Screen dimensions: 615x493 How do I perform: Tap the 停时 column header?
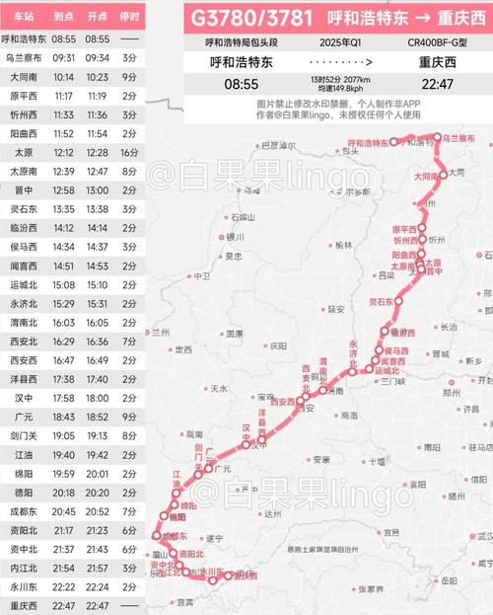[x=129, y=17]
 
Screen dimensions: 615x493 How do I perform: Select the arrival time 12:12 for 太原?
[x=65, y=152]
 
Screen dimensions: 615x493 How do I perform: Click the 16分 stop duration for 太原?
[x=129, y=152]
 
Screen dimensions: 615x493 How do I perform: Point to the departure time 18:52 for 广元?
[x=97, y=416]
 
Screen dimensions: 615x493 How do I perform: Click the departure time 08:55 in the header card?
[x=242, y=84]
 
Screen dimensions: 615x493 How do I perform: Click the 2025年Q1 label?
[x=341, y=43]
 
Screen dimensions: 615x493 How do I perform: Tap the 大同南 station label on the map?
[x=425, y=175]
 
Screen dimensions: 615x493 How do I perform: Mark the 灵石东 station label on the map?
[x=381, y=301]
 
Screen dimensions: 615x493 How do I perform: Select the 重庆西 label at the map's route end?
[x=242, y=575]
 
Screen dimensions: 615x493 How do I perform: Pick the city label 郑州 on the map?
[x=457, y=392]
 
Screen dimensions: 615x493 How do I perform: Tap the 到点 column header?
[x=65, y=17]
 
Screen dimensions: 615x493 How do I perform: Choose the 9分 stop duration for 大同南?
[x=129, y=76]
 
